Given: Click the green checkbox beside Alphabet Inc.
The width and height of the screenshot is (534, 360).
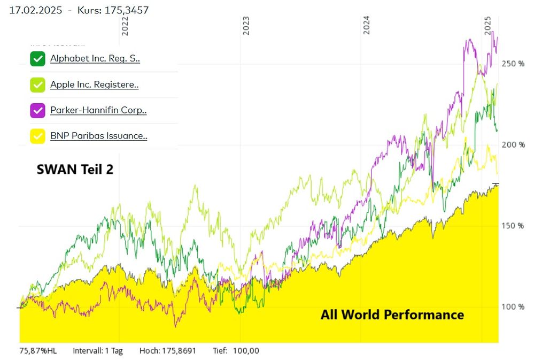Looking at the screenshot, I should pos(37,59).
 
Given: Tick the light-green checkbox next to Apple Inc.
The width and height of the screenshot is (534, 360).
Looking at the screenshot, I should pos(37,85).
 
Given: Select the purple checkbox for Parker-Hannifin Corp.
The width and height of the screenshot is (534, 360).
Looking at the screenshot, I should pos(37,111).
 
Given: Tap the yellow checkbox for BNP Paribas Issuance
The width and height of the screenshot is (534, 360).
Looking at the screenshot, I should pos(37,136).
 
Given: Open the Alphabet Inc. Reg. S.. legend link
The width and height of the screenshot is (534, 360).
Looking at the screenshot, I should pos(95,59).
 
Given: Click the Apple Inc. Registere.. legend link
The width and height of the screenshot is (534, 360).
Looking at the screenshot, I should pos(95,85).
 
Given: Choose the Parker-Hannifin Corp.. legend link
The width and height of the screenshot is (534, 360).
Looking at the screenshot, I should pos(98,111).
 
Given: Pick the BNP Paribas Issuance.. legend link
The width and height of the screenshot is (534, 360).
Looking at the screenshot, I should pos(99,136).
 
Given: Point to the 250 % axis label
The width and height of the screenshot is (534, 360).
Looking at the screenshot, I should pos(513,64).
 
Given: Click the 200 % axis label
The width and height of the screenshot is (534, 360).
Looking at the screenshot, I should pos(513,145).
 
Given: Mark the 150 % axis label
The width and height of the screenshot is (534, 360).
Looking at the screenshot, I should pos(513,226).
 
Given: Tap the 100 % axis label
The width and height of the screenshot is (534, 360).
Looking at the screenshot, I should pos(513,307).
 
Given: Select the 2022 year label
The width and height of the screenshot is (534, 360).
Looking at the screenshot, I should pos(125,26).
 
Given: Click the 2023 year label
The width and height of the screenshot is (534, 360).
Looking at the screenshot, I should pos(246,26).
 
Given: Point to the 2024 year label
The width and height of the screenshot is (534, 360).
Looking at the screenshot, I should pos(366,26).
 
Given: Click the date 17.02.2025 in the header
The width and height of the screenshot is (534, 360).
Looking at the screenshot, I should pos(35,10).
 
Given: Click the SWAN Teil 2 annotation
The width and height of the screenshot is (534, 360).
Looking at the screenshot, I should pos(75,169).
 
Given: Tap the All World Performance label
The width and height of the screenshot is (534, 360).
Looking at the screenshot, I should pos(392,315).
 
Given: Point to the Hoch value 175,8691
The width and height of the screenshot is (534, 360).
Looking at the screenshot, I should pos(175,351).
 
